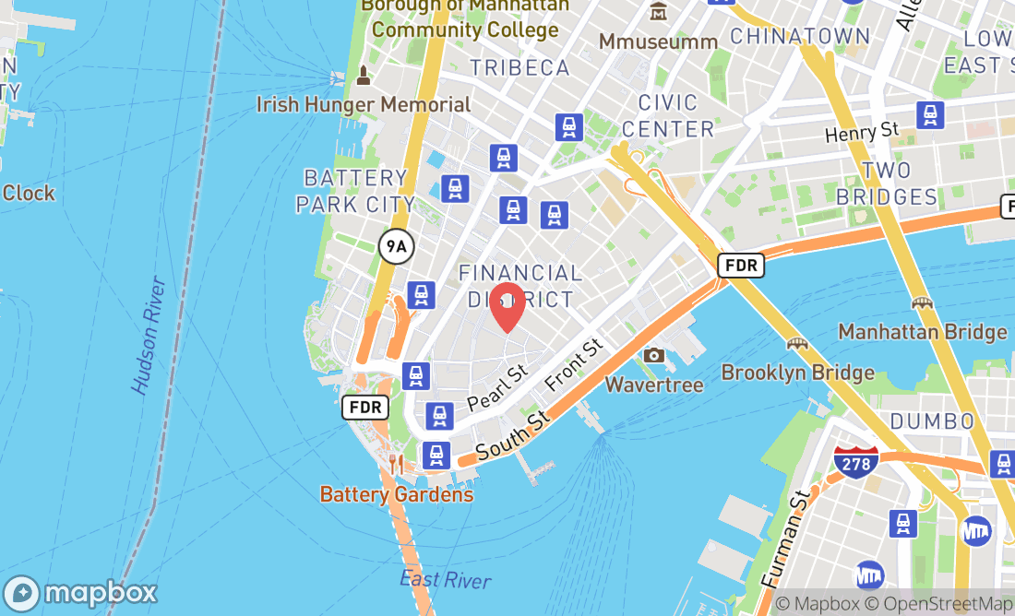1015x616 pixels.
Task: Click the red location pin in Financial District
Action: point(507,307)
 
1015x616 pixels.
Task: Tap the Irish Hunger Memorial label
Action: point(364,104)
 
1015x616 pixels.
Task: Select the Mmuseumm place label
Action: point(658,41)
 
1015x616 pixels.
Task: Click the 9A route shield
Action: point(396,246)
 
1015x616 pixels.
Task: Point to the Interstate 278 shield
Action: point(855,461)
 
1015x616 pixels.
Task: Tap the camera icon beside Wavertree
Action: point(654,355)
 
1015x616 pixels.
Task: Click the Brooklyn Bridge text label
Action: point(797,373)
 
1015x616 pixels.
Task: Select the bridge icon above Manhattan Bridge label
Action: point(921,302)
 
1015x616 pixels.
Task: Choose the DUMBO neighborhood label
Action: point(932,421)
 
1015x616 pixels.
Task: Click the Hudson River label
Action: point(149,336)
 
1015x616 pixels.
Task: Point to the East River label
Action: point(446,579)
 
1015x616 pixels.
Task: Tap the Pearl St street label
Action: point(497,388)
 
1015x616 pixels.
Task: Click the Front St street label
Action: point(573,363)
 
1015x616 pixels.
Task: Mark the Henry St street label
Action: point(861,133)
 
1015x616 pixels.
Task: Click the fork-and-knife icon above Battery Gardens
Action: point(396,464)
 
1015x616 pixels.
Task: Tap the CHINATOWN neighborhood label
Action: point(799,37)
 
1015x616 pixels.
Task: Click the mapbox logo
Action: point(80,592)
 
